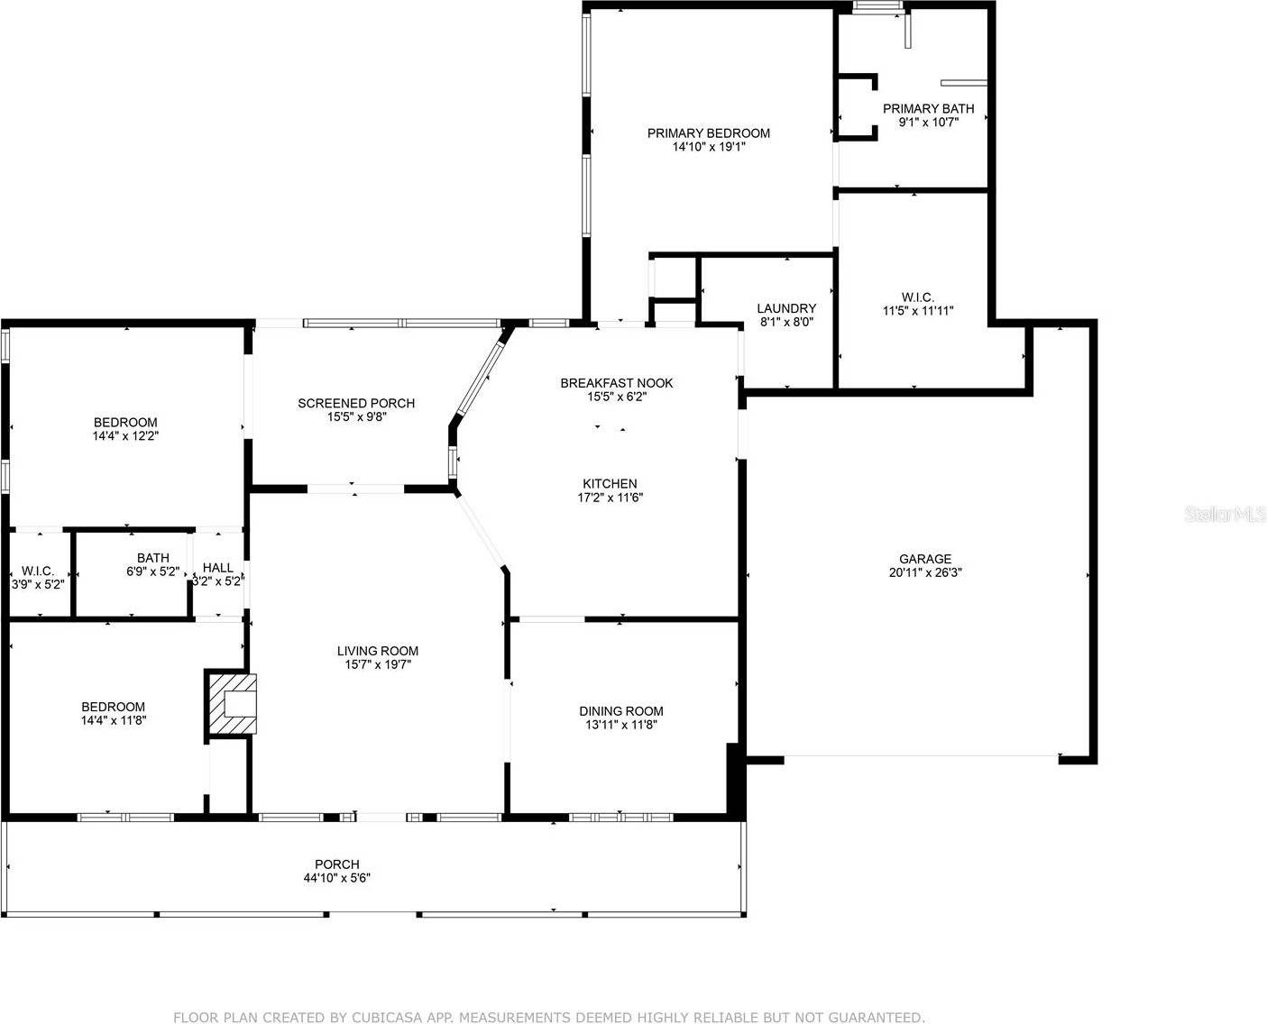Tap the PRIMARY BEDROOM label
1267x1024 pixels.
click(709, 133)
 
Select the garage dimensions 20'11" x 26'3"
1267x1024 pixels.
click(924, 572)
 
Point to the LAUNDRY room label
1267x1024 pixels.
click(786, 308)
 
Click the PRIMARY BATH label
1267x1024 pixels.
click(928, 109)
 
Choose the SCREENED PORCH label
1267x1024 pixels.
click(356, 403)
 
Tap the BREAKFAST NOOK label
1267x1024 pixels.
click(617, 383)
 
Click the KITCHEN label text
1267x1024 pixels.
click(610, 484)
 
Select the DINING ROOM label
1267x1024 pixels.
click(621, 711)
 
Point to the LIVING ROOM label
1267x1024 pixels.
click(378, 651)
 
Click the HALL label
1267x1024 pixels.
click(218, 568)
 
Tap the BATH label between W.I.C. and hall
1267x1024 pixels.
click(153, 558)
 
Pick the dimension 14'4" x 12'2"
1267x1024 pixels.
click(125, 435)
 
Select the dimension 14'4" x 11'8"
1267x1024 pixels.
click(113, 720)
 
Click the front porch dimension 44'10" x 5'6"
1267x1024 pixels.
click(337, 877)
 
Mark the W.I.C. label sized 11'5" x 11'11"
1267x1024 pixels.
click(917, 311)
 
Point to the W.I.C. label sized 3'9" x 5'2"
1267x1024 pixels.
click(37, 583)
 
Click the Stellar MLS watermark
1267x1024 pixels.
click(1225, 516)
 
